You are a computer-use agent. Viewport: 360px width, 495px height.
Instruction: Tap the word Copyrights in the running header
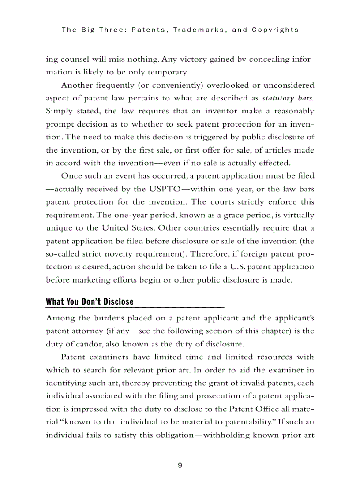[x=275, y=30]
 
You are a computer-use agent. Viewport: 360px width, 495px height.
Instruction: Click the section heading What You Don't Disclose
[x=90, y=301]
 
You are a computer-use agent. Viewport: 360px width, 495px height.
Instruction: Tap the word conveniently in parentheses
[x=169, y=85]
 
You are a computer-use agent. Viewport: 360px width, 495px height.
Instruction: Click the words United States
[x=127, y=228]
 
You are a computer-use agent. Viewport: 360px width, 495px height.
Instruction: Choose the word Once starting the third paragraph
[x=70, y=176]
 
